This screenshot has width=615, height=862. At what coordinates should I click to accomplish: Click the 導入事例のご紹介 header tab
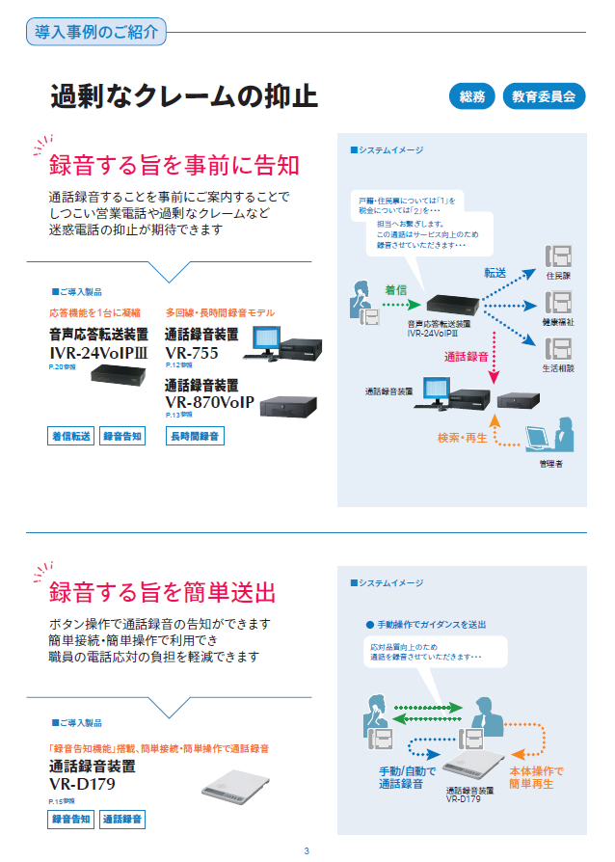point(96,32)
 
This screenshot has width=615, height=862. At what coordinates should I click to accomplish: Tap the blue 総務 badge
point(472,96)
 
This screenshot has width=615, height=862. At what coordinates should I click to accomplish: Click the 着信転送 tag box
point(71,436)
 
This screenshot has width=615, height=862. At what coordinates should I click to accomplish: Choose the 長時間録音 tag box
point(196,436)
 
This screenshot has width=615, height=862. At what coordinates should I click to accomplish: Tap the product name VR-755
point(192,352)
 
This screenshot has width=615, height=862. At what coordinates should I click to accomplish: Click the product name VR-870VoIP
point(209,401)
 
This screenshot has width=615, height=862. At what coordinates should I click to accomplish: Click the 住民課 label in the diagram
point(559,276)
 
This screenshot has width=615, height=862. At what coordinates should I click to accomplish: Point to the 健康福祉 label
point(558,321)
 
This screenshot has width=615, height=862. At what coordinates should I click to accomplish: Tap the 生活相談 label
point(558,367)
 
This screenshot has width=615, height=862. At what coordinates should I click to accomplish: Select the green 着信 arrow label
point(396,288)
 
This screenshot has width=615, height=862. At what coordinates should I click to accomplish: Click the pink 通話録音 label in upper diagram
point(467,356)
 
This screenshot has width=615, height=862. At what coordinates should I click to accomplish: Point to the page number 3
point(307,849)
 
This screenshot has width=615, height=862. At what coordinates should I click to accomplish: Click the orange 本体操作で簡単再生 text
point(536,777)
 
